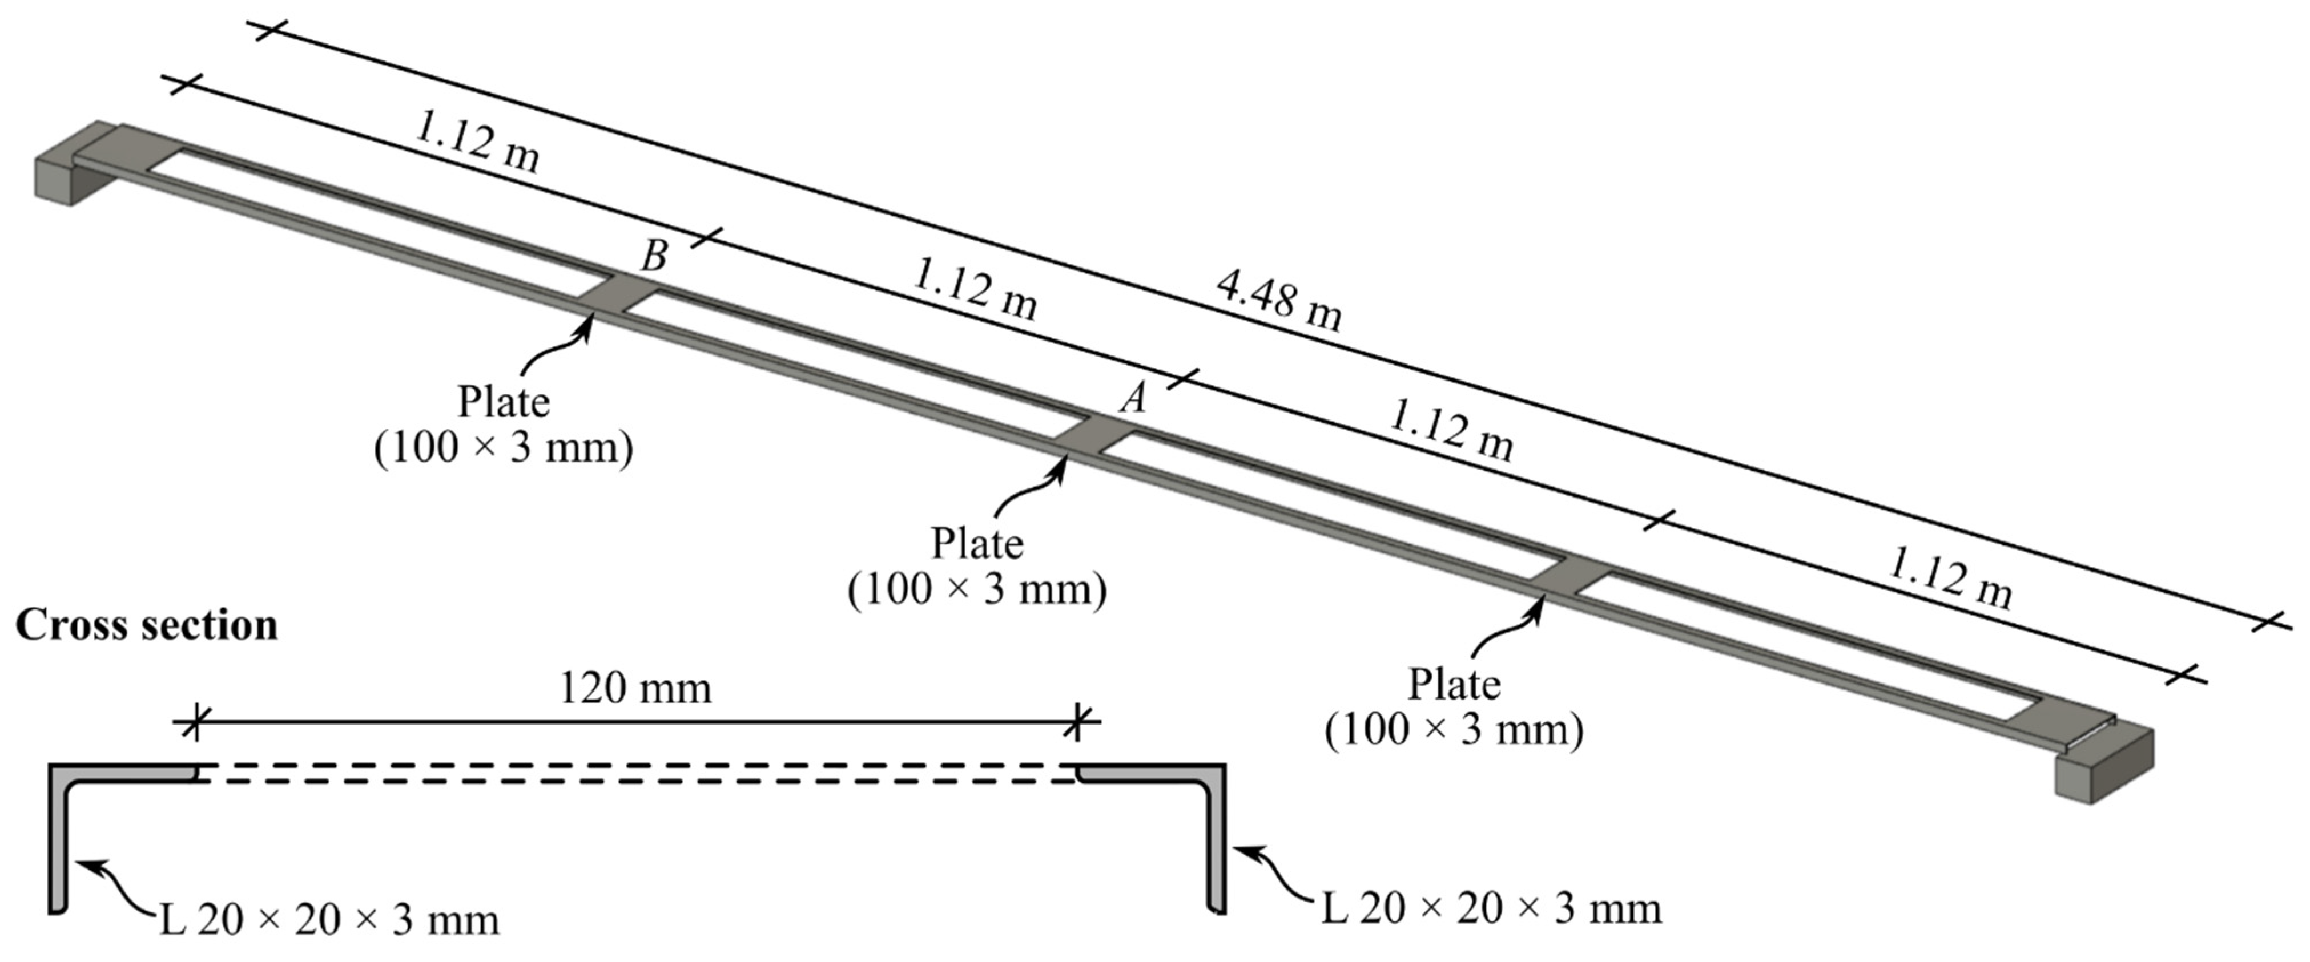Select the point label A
[x=1133, y=397]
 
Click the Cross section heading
[x=146, y=625]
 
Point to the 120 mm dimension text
[x=635, y=689]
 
